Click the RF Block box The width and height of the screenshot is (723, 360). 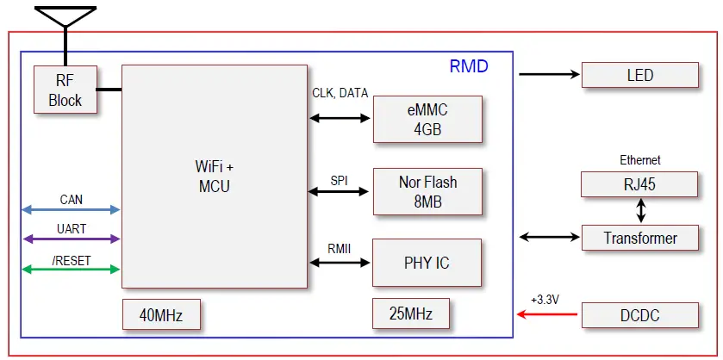(x=65, y=90)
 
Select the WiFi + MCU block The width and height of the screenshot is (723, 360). (x=215, y=176)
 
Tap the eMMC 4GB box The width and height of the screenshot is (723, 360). (x=427, y=120)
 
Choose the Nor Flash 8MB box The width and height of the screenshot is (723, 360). (x=427, y=191)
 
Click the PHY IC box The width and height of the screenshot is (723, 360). (x=427, y=263)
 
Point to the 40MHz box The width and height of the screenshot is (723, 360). (x=164, y=314)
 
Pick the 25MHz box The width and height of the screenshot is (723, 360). (x=411, y=313)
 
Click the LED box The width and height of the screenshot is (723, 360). (x=639, y=75)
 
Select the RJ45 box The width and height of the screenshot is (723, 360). (x=639, y=184)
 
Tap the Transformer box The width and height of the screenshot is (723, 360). (x=639, y=239)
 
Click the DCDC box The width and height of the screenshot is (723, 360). (x=639, y=315)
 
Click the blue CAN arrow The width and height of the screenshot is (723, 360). (x=71, y=210)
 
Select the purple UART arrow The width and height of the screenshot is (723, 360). (x=71, y=239)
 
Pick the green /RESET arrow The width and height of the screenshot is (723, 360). (x=71, y=270)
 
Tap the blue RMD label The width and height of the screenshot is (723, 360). (x=469, y=66)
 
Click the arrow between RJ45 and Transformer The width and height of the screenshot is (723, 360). (x=639, y=211)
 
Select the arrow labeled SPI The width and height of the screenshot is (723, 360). (x=340, y=191)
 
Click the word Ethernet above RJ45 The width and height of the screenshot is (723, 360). (x=639, y=160)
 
